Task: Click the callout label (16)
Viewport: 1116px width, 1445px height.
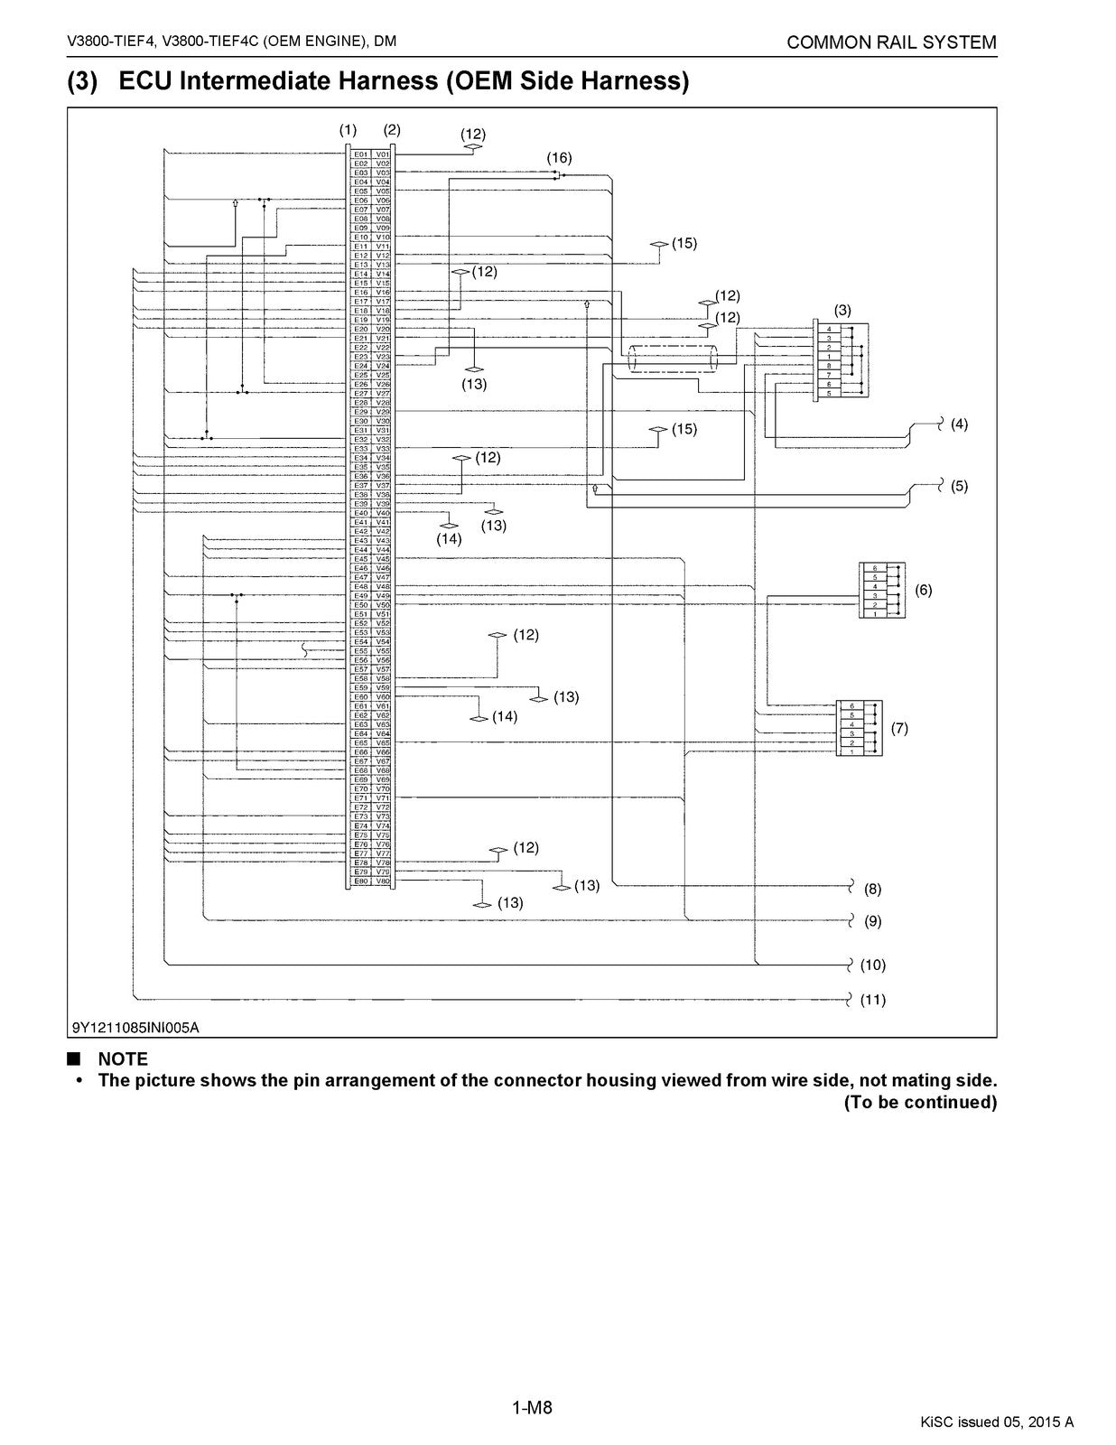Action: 559,158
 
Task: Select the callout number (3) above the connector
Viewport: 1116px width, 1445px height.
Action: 842,310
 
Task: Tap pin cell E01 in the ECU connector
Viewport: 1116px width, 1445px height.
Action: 360,154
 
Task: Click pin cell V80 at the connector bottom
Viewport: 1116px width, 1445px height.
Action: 383,881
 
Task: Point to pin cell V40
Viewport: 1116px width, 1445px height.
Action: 383,513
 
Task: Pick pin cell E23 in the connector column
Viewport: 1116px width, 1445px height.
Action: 360,357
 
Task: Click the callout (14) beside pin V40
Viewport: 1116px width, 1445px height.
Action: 449,539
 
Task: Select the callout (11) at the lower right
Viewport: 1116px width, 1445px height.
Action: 872,1000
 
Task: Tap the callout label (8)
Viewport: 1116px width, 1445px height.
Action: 872,889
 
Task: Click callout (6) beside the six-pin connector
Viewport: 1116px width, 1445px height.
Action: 923,590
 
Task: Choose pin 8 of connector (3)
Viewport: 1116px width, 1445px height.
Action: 828,365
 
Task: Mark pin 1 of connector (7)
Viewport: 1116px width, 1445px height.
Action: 851,751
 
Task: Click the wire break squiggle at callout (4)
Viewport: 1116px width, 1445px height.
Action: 940,423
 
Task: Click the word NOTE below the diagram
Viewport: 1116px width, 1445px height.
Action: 123,1058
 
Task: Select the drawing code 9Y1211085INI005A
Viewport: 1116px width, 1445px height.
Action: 135,1027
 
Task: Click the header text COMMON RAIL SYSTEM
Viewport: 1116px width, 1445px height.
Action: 891,42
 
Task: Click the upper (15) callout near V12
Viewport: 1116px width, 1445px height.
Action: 684,243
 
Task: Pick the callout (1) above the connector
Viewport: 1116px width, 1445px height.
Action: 348,130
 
